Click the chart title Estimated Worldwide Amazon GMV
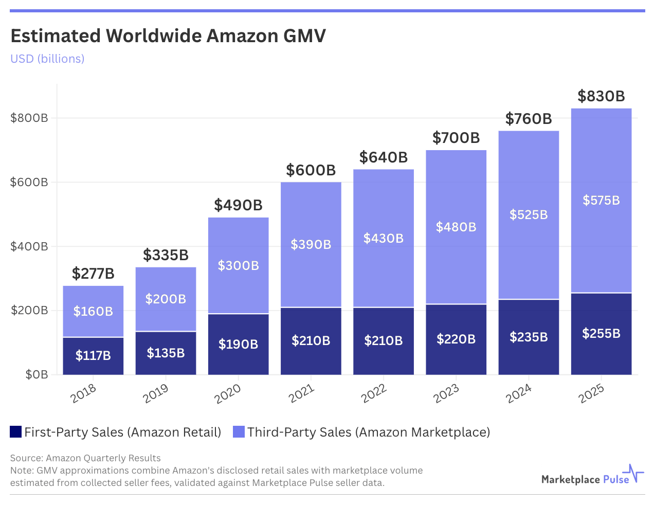[x=168, y=36]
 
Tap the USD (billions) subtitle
[x=47, y=59]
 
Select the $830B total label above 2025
[x=601, y=96]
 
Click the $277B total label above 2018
[x=93, y=274]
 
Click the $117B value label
[x=93, y=355]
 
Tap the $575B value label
[x=601, y=200]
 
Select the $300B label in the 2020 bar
[x=238, y=265]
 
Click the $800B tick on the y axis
[x=29, y=118]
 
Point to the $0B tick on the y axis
[x=37, y=374]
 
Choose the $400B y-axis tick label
[x=29, y=246]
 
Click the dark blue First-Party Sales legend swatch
[x=16, y=432]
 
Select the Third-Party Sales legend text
[x=368, y=432]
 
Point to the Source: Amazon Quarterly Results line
[x=85, y=458]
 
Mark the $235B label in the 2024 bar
[x=529, y=337]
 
